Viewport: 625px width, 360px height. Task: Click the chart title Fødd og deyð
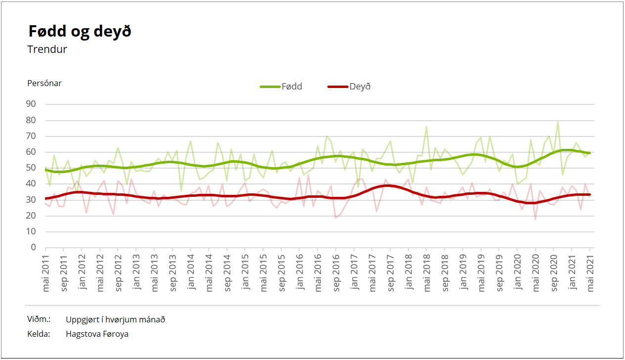tap(80, 32)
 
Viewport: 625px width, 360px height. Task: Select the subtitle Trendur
tap(47, 49)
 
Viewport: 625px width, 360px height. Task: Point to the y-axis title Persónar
tap(45, 83)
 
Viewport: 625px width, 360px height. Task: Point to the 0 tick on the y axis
tap(34, 248)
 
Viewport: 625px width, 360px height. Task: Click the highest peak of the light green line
tap(558, 122)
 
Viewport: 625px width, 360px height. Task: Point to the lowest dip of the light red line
tap(536, 219)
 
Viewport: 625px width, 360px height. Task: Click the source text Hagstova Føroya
tap(97, 334)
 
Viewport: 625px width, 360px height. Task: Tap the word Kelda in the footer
tap(39, 334)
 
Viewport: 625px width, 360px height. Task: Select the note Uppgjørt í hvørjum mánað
tap(115, 319)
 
